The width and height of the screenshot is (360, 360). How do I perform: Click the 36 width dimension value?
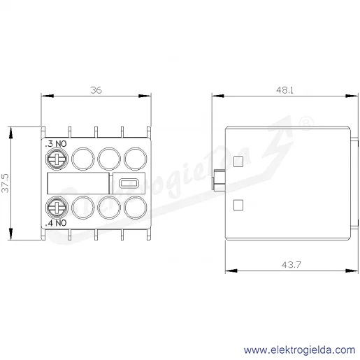(x=96, y=90)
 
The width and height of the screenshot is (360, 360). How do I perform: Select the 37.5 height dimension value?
(x=5, y=183)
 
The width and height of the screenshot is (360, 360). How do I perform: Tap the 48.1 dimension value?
(x=285, y=90)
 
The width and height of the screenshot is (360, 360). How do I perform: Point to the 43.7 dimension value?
(x=291, y=265)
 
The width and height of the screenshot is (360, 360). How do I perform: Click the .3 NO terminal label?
(x=56, y=144)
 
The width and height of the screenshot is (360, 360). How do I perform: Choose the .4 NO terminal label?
(x=56, y=223)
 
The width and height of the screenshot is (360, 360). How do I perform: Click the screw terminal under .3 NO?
(x=57, y=159)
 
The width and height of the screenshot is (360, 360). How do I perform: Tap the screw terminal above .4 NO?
(x=57, y=208)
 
